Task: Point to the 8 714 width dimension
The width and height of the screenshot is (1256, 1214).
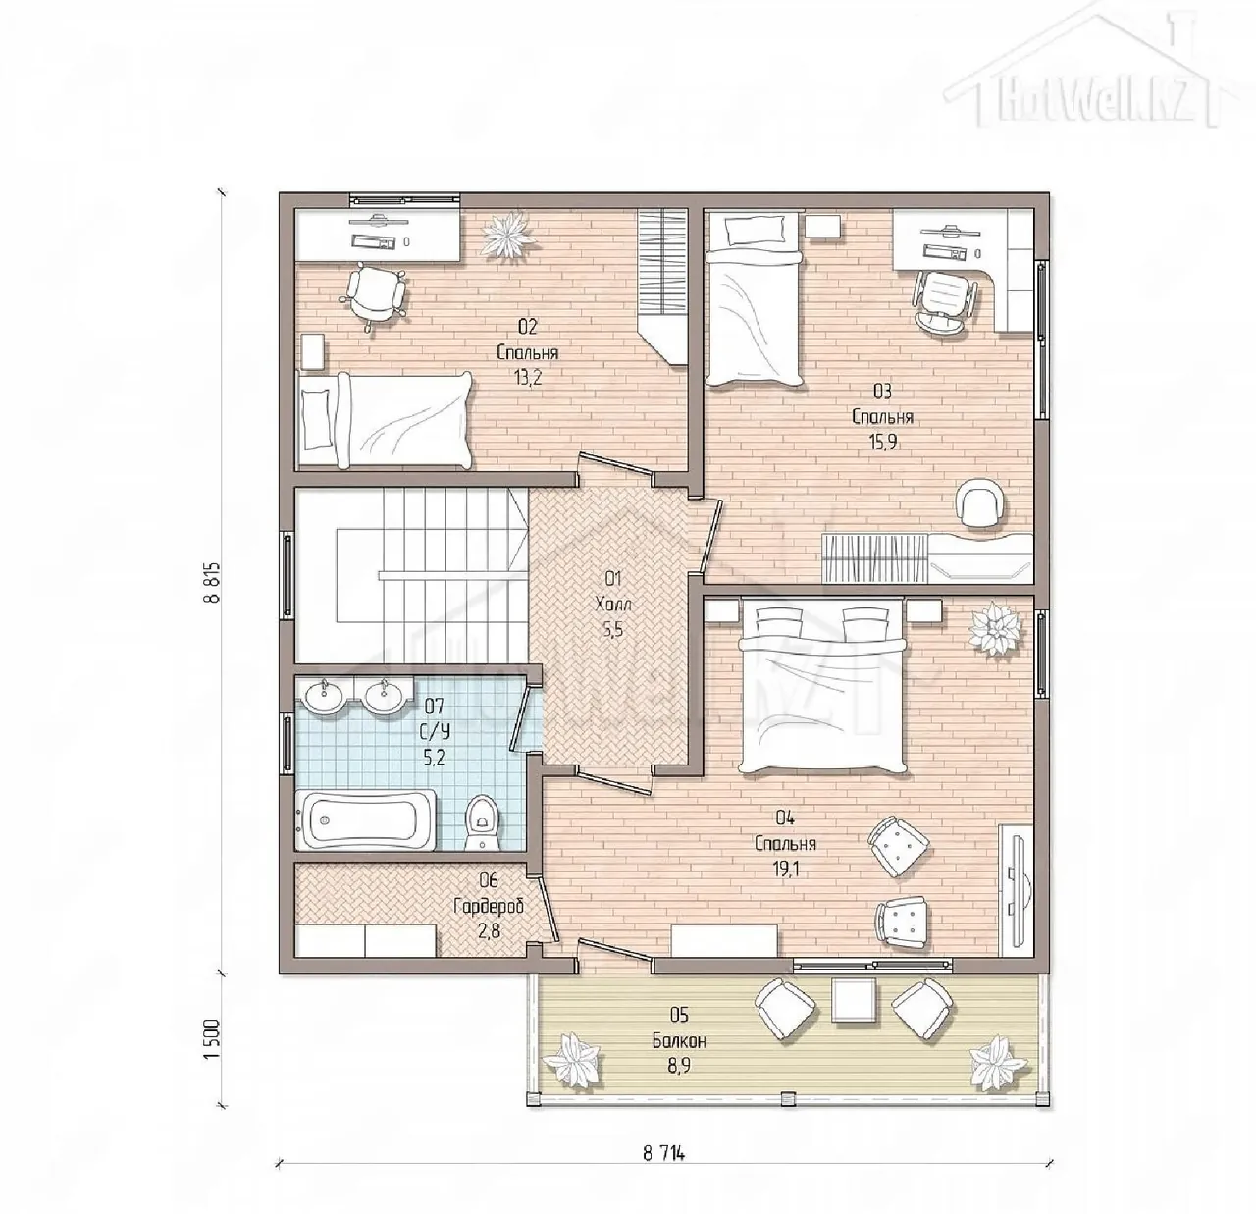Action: coord(663,1153)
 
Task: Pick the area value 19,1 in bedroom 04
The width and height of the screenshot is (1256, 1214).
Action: coord(785,870)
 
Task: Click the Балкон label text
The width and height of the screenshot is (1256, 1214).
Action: coord(679,1041)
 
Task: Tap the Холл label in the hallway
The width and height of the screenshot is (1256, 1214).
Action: coord(613,605)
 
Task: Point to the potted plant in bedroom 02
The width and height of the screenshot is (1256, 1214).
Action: coord(508,237)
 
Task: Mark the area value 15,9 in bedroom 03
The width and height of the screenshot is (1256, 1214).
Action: coord(883,442)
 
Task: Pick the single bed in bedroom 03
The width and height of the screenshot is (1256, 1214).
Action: coord(755,300)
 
